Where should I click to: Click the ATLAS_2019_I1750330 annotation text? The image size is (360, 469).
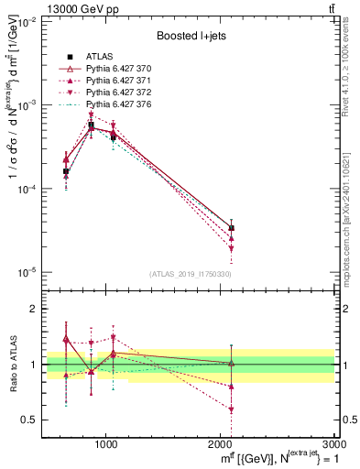[x=189, y=273]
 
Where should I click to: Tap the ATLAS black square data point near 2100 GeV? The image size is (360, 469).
[x=231, y=228]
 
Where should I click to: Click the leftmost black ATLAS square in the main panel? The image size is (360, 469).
[x=66, y=171]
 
